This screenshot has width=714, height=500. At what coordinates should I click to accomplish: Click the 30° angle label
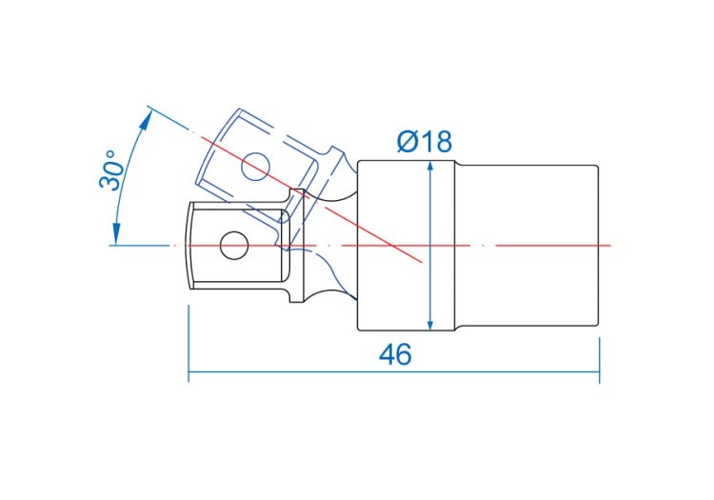coord(111,170)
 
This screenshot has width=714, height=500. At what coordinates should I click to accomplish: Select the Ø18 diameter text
coord(425,142)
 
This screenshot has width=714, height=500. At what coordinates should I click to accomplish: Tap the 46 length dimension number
coord(395,354)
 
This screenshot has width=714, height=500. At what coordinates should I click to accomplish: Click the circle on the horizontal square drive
coord(234,246)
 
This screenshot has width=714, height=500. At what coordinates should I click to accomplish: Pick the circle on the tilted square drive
coord(255,167)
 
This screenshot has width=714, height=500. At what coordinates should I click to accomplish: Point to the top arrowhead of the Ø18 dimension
coord(430,167)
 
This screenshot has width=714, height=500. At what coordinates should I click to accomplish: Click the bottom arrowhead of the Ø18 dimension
coord(430,324)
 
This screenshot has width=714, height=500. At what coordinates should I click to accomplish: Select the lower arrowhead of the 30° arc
coord(116,233)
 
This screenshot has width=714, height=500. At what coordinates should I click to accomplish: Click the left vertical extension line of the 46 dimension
coord(188,344)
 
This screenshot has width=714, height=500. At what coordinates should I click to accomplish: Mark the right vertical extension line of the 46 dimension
coord(599,360)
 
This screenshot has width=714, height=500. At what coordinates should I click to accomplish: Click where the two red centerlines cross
coord(392,246)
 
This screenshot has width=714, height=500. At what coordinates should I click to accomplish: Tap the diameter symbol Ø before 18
coord(407,142)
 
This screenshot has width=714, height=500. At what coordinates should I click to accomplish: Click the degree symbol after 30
coord(110,154)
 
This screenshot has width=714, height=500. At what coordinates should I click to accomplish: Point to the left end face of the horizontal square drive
coord(188,246)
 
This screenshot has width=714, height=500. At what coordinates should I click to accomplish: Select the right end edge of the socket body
coord(598,246)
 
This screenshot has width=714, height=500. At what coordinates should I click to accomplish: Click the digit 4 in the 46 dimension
coord(387,354)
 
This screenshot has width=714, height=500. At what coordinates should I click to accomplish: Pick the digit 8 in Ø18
coord(443,142)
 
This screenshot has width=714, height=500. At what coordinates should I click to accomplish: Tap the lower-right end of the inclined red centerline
coord(422,262)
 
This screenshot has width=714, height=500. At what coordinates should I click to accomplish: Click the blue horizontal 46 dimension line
coord(394,371)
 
